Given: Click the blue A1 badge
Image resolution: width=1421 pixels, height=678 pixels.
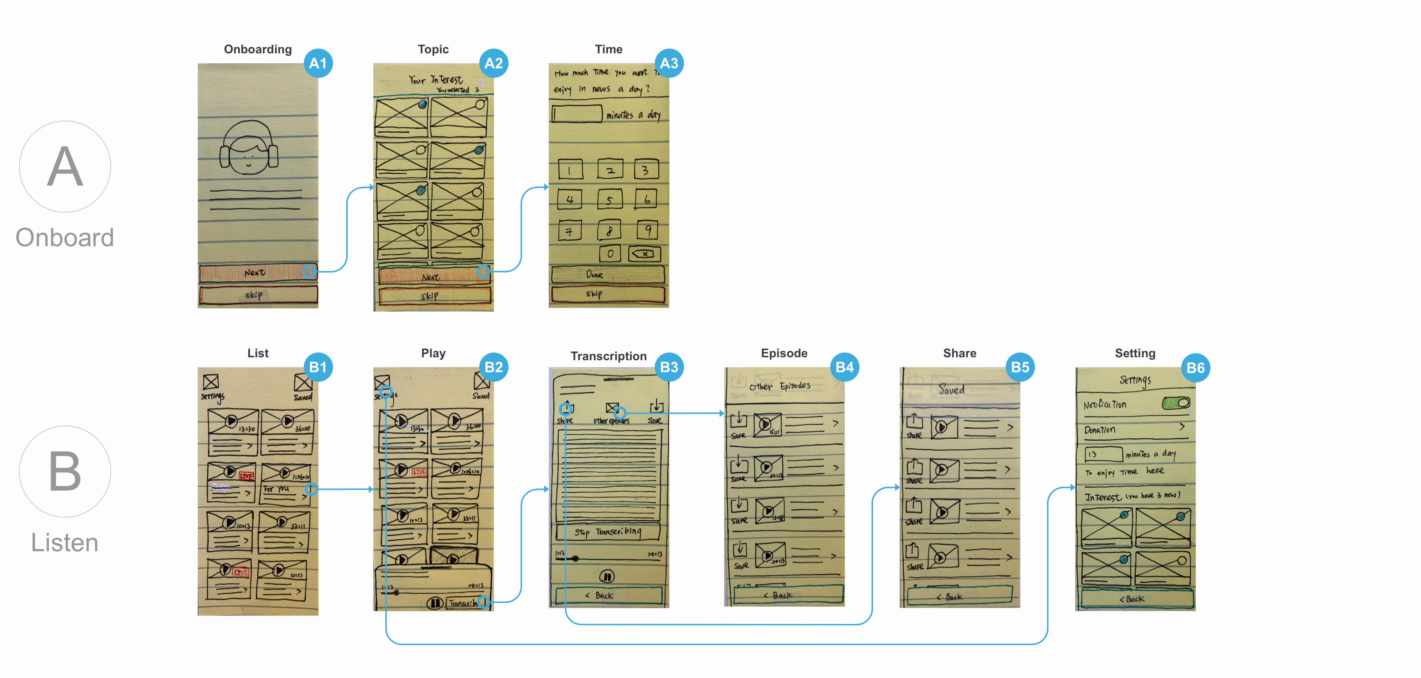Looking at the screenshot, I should pyautogui.click(x=318, y=64).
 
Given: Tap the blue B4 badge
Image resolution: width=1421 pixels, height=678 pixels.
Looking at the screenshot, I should pyautogui.click(x=844, y=367).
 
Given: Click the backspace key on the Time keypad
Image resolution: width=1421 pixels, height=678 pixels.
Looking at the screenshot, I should pyautogui.click(x=644, y=254).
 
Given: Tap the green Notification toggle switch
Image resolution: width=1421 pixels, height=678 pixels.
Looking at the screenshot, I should pyautogui.click(x=1176, y=403).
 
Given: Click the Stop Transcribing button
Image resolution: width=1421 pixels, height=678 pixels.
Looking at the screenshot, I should pyautogui.click(x=607, y=532).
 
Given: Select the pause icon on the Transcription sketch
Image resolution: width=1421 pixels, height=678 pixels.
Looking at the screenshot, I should pyautogui.click(x=607, y=576).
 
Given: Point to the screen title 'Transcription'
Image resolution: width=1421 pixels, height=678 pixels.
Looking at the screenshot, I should pyautogui.click(x=608, y=356).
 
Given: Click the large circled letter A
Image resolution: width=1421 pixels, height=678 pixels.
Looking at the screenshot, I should pyautogui.click(x=65, y=167).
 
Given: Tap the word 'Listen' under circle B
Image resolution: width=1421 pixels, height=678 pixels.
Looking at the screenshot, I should pyautogui.click(x=65, y=542).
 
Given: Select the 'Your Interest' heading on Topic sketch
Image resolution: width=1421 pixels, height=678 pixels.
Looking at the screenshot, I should pyautogui.click(x=436, y=80).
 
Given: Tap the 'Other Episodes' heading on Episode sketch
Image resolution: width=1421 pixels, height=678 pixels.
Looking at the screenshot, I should pyautogui.click(x=779, y=386).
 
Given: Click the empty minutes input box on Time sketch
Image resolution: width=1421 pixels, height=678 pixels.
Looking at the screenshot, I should pyautogui.click(x=577, y=114).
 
